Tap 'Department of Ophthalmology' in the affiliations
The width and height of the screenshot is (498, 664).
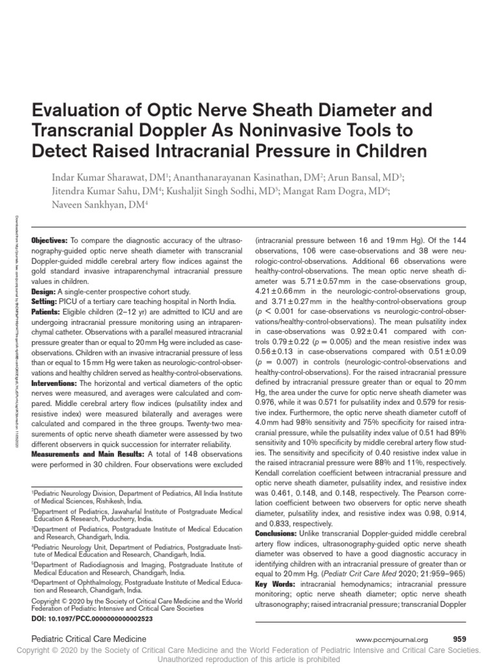coord(75,582)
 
